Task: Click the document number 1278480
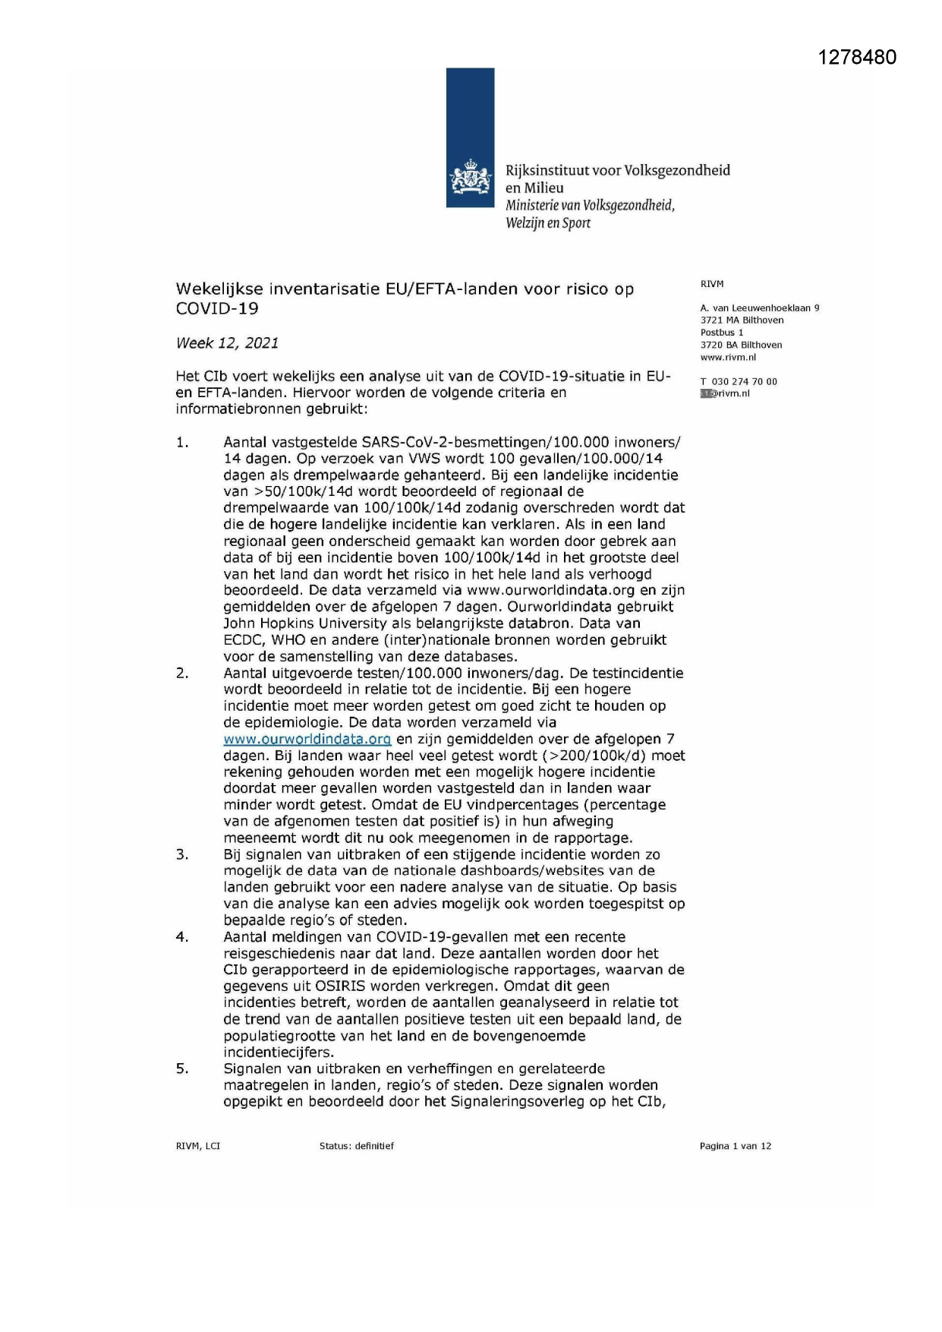click(857, 58)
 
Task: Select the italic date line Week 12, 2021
click(227, 343)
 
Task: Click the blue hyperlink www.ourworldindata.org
click(307, 739)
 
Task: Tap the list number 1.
click(182, 443)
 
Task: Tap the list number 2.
click(182, 674)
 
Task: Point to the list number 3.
click(182, 855)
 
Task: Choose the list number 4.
click(182, 937)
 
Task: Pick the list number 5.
click(182, 1069)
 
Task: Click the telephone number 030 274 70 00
click(744, 382)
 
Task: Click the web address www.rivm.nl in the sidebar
click(728, 358)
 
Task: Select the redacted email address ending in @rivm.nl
click(725, 394)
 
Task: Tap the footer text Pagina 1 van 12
click(735, 1147)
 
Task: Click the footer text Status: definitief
click(356, 1147)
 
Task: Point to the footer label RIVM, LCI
click(197, 1147)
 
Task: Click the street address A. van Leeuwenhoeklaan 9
click(759, 308)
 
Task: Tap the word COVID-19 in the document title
click(217, 309)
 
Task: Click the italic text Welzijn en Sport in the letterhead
click(547, 223)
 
